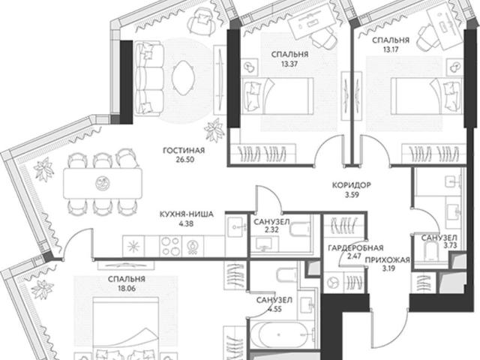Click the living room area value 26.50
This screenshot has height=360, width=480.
tap(185, 160)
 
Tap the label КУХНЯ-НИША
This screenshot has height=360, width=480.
tap(187, 214)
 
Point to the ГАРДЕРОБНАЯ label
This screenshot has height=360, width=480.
tap(355, 247)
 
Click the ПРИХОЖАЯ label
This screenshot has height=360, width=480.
tap(387, 260)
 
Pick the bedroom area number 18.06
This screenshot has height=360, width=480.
tap(127, 288)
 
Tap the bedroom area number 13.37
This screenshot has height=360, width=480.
tap(289, 64)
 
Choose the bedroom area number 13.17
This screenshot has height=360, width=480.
tap(391, 49)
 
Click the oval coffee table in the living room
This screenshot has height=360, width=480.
tap(183, 78)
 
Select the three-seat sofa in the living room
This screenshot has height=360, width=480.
tap(148, 79)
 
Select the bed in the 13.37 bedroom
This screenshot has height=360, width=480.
tap(277, 96)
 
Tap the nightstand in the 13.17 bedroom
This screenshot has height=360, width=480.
tap(454, 66)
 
